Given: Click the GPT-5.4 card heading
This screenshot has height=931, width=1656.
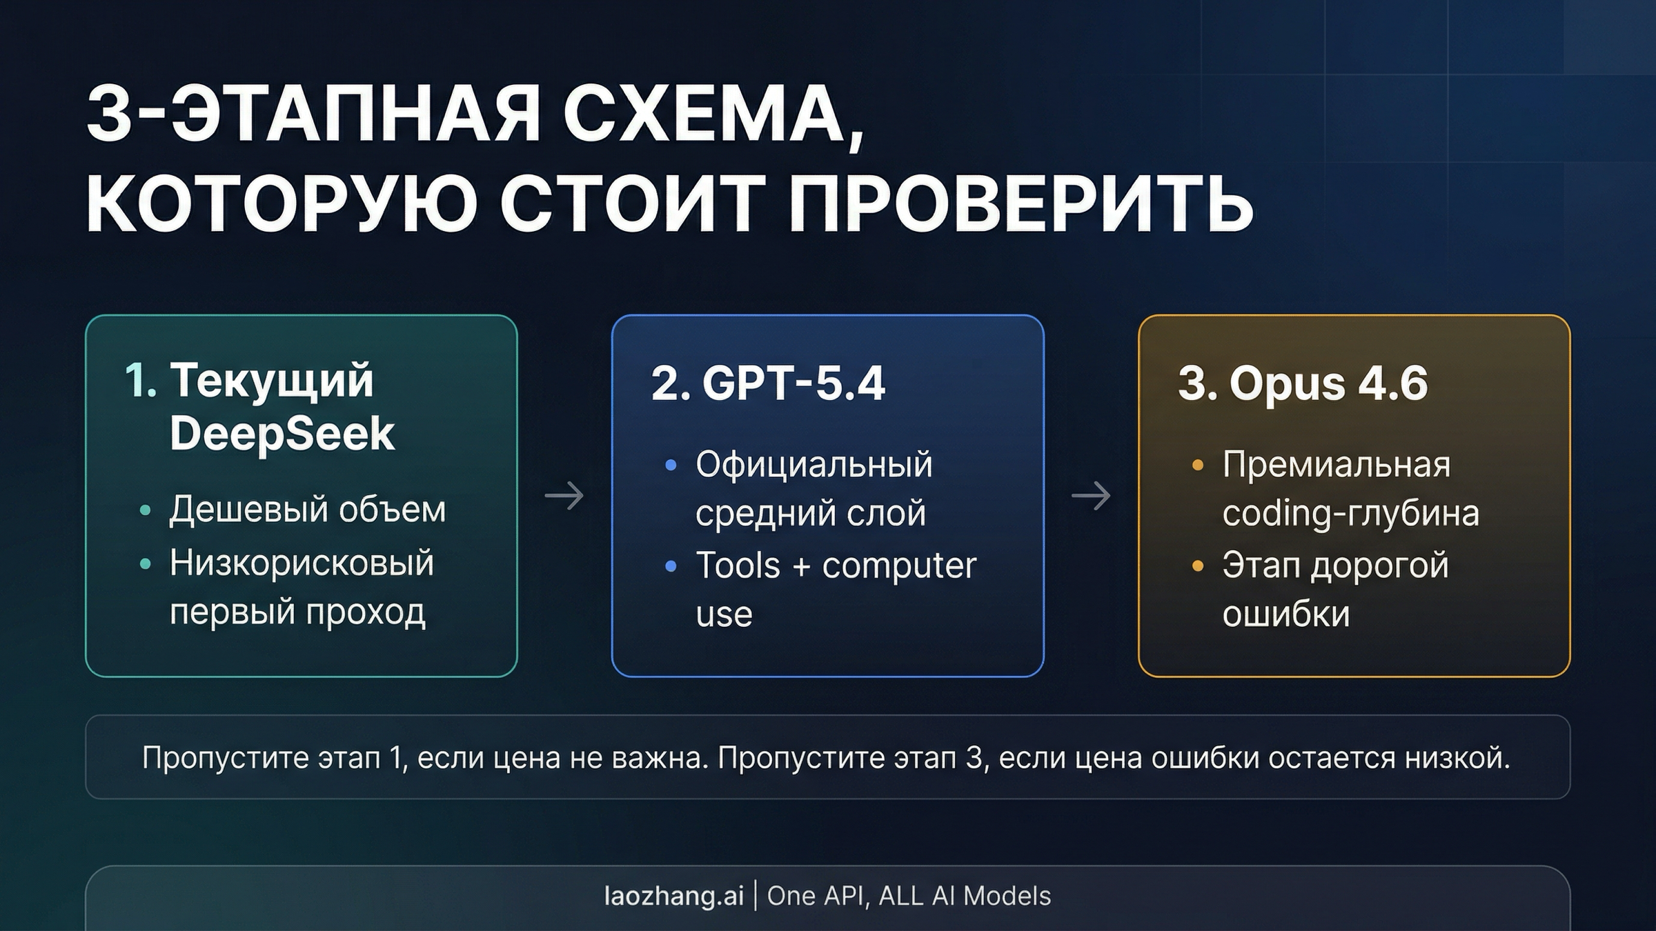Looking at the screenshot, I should click(x=768, y=383).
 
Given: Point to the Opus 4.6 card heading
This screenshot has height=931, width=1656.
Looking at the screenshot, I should click(x=1303, y=383).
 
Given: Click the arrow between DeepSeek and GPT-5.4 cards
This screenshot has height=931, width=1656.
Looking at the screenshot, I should click(x=564, y=495).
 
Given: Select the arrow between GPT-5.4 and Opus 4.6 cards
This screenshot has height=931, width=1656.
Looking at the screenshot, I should click(x=1091, y=495).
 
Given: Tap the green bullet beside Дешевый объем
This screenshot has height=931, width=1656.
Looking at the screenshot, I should click(x=145, y=510).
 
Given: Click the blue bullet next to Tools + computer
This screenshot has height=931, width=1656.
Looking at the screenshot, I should click(x=671, y=567).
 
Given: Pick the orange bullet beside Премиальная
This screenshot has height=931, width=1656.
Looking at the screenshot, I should click(x=1198, y=465).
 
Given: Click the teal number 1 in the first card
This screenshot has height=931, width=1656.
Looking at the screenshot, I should click(x=140, y=381).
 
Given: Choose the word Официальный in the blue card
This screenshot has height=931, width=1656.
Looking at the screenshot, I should click(x=814, y=464).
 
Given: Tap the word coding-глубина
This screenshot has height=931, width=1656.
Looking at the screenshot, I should click(x=1350, y=513).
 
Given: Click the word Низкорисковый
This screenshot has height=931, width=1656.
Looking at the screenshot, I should click(x=302, y=563).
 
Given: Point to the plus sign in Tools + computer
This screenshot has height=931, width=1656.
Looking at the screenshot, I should click(x=801, y=567).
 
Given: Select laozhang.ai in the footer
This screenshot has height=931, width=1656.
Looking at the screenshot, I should click(x=674, y=896).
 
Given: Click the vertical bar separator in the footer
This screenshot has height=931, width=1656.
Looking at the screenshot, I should click(x=756, y=896).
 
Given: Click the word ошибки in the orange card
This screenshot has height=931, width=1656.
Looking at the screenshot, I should click(x=1285, y=614).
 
